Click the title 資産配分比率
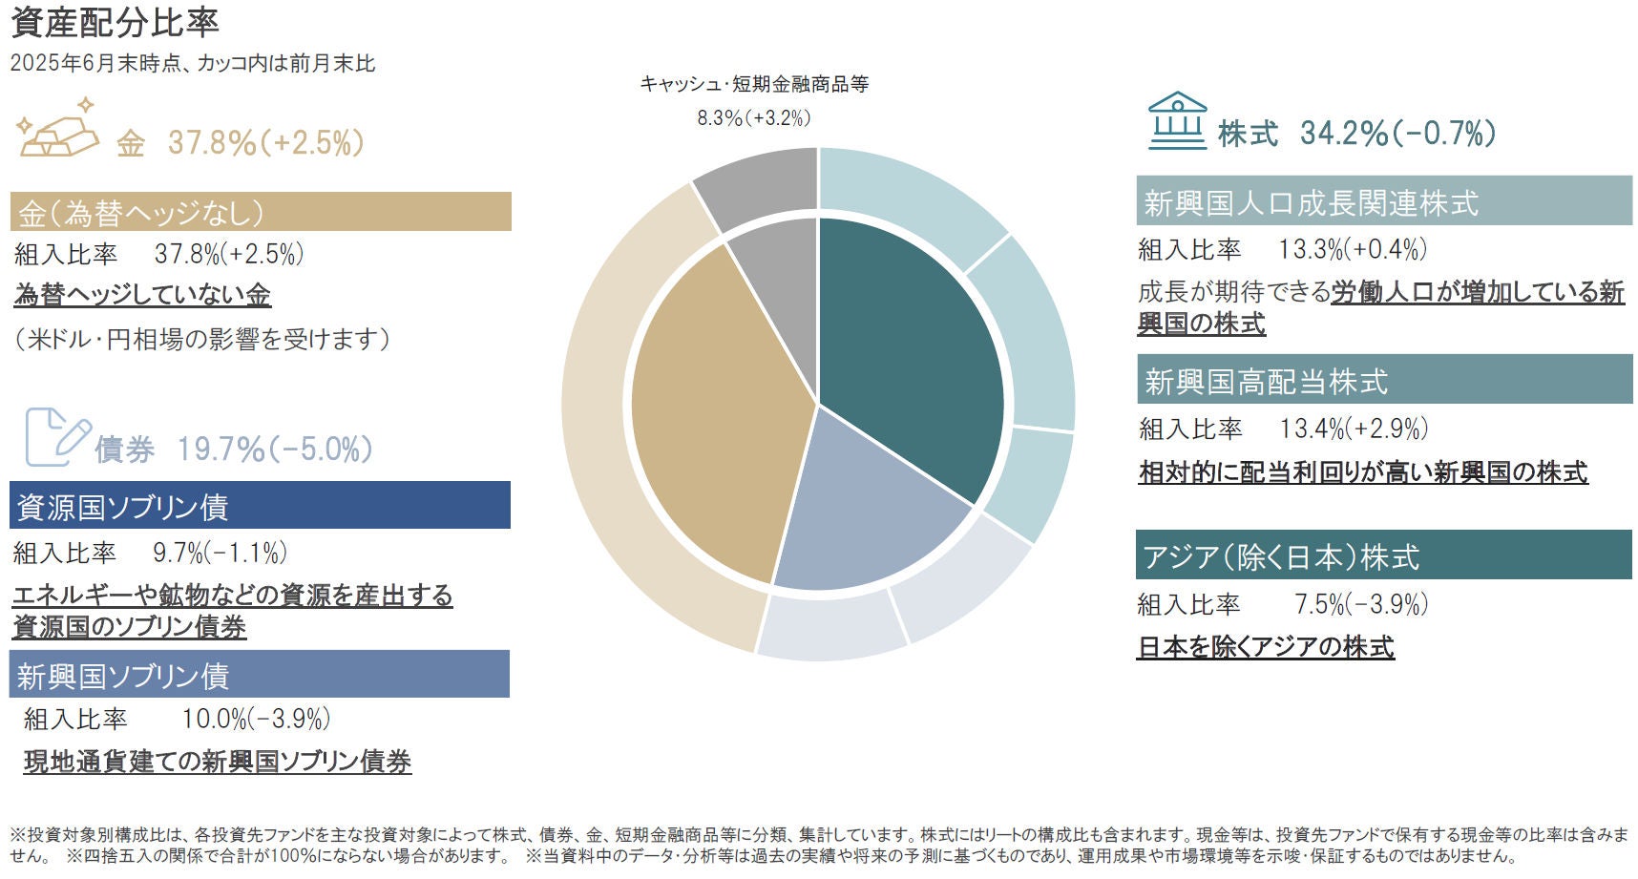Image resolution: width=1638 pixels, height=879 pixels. (x=115, y=22)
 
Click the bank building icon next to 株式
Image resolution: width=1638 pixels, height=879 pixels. (x=1177, y=121)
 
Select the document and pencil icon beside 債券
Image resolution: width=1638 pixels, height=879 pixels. (x=56, y=437)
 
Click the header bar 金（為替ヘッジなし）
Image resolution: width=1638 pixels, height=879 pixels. (x=261, y=212)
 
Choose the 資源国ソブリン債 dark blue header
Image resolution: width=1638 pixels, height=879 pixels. (x=260, y=506)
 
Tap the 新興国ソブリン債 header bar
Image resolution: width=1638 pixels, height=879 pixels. (x=260, y=675)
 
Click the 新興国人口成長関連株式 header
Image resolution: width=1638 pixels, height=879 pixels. (x=1384, y=201)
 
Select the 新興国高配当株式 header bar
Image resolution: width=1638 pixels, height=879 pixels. (x=1384, y=380)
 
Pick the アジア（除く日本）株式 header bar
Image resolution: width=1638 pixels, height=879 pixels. (x=1384, y=555)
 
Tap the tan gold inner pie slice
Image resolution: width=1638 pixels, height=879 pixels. (x=716, y=410)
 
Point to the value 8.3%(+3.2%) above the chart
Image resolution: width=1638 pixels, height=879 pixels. (x=753, y=118)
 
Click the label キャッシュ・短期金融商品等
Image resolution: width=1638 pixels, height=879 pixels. (x=754, y=84)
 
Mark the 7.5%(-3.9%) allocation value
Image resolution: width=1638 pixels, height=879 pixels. (x=1360, y=604)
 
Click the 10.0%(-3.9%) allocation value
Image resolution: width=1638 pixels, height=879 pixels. (x=256, y=719)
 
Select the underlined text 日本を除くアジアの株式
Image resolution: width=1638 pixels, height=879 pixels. (x=1266, y=647)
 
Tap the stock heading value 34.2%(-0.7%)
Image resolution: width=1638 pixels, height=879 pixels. (x=1397, y=134)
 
